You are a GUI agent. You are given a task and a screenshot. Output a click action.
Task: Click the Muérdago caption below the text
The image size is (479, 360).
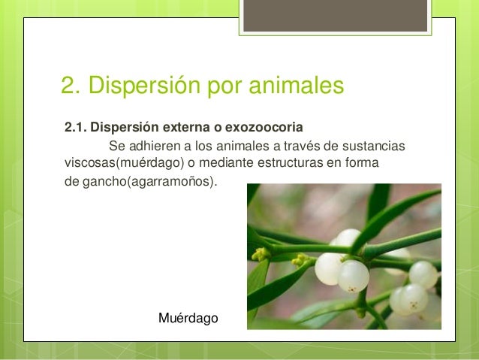[188, 319]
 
